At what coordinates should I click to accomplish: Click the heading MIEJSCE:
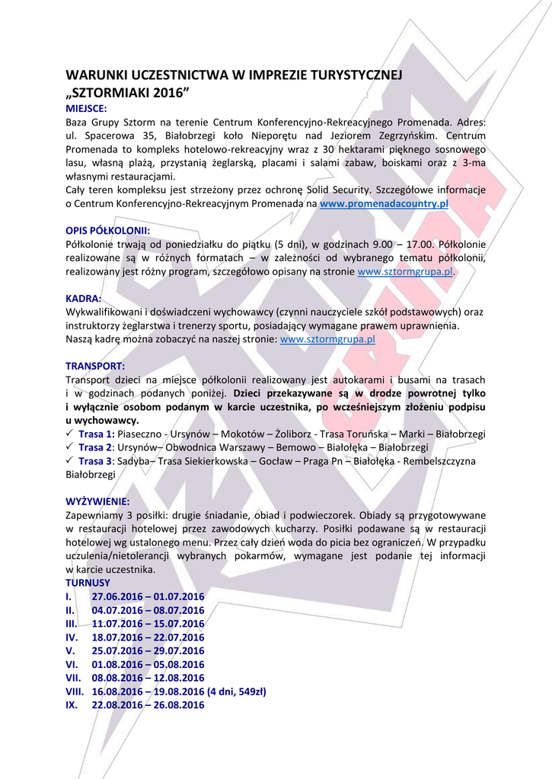point(86,109)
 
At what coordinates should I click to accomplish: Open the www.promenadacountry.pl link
point(384,204)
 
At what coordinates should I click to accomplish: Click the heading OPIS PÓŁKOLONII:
point(107,230)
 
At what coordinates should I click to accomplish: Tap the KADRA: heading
point(84,298)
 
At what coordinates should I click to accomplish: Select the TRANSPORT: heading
point(95,366)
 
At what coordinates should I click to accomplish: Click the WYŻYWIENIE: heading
point(97,501)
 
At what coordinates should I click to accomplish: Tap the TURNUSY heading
point(88,583)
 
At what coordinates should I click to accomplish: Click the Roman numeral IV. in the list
point(72,638)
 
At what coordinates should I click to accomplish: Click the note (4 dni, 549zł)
point(237,692)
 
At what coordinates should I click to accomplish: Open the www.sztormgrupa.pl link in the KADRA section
point(327,339)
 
